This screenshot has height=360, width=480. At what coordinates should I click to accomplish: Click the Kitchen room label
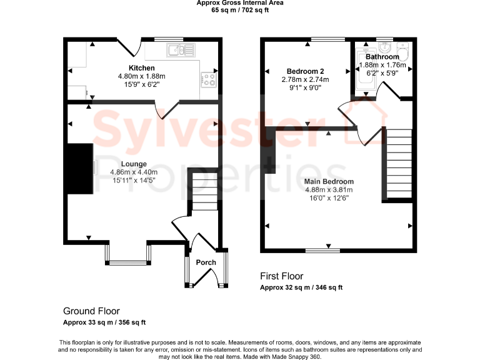(x=142, y=68)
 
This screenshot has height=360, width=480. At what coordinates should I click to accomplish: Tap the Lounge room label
(x=134, y=164)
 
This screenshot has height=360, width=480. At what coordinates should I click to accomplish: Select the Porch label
(x=206, y=262)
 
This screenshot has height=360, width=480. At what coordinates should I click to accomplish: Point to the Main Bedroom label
(x=329, y=182)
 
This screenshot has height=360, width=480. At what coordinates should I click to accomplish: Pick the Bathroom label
(x=382, y=57)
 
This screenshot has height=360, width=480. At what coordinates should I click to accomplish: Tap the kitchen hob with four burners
(x=208, y=79)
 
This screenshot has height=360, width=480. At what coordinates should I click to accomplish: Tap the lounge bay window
(x=128, y=253)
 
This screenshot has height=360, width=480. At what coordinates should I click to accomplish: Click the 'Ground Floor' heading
(x=91, y=311)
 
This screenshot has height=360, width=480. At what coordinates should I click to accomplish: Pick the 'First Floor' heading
(x=281, y=276)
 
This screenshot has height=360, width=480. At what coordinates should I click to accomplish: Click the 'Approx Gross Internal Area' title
(x=240, y=3)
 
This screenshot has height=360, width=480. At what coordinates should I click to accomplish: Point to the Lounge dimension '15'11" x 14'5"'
(x=134, y=181)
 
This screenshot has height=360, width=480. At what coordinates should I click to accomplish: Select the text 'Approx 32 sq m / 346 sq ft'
(x=301, y=287)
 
